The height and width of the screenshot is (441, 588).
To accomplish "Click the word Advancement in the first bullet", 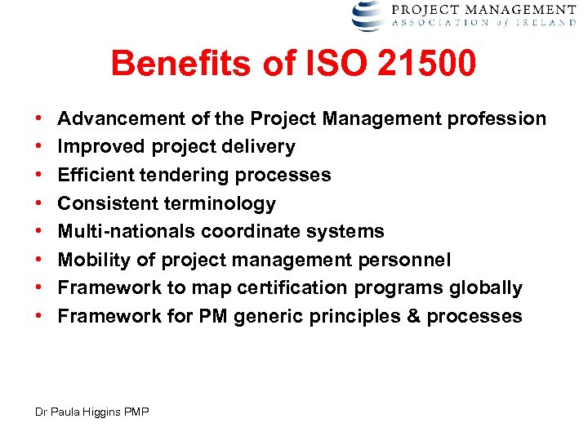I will coord(122,119).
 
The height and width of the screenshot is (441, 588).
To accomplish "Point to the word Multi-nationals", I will coord(126,232).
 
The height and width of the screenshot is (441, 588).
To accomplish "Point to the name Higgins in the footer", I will coord(108,412).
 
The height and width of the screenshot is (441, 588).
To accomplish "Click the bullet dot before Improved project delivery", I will coord(39,147).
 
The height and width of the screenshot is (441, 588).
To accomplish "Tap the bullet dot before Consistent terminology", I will coord(39,203).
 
